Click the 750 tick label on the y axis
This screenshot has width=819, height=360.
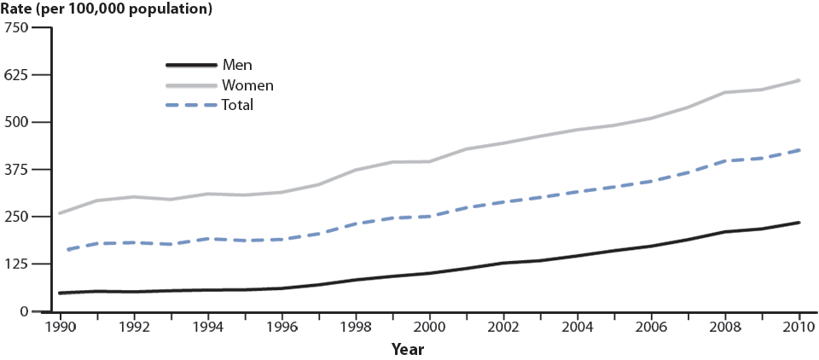pos(17,27)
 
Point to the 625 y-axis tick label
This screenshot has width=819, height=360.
pos(17,75)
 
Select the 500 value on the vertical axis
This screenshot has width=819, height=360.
pos(17,122)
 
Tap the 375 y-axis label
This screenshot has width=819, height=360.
pos(17,169)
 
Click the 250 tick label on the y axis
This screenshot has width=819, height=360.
pos(17,217)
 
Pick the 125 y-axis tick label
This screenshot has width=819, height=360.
pos(17,264)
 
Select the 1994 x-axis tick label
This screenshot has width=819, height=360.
pos(206,326)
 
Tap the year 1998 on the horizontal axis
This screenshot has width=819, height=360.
pos(355,326)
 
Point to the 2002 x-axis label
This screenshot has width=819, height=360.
pos(503,326)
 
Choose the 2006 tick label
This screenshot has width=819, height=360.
pos(652,326)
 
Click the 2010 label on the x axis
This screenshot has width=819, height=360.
pos(799,326)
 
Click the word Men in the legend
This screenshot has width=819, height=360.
pos(236,65)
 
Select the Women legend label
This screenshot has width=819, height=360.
pos(247,85)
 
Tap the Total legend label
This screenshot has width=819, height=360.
pos(238,106)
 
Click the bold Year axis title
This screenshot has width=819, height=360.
pos(408,349)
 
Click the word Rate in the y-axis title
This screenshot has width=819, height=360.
pos(19,9)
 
